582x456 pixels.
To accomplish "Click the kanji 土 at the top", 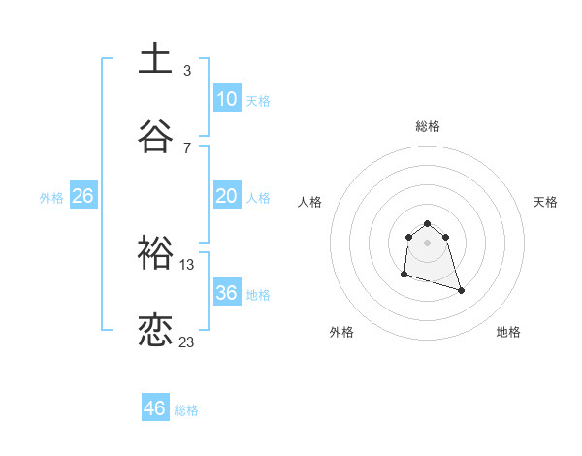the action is [155, 58].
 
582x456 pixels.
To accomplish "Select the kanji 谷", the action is [155, 136].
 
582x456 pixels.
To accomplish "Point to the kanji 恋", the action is [155, 331].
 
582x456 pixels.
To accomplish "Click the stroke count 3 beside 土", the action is [187, 71].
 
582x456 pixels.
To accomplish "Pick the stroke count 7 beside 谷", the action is [187, 148].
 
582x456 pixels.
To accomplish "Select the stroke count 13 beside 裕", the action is [187, 265].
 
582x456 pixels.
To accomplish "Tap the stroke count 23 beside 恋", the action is [187, 342].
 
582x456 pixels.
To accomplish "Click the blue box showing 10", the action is [227, 99].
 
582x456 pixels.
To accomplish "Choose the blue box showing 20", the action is [227, 196].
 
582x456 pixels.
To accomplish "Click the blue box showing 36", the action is [227, 293].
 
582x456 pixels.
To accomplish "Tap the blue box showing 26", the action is [83, 196].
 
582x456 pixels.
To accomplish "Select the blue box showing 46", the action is [155, 408].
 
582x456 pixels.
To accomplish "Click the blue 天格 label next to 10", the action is [258, 101].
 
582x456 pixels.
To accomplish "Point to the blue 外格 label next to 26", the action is [51, 198].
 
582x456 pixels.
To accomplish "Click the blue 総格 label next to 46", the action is [186, 410].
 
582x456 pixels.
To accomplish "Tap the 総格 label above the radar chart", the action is [428, 126].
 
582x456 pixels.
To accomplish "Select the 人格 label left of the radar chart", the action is [310, 202].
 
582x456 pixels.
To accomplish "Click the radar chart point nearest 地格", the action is [461, 290].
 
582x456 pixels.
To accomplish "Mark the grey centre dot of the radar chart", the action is [428, 243].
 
